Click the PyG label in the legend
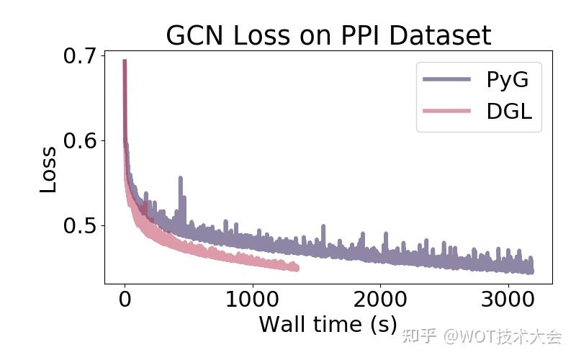507,79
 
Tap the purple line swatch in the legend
447,79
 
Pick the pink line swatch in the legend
447,111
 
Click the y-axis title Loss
48,169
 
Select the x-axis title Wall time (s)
328,324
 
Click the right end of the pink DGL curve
296,269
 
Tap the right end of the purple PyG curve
531,270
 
